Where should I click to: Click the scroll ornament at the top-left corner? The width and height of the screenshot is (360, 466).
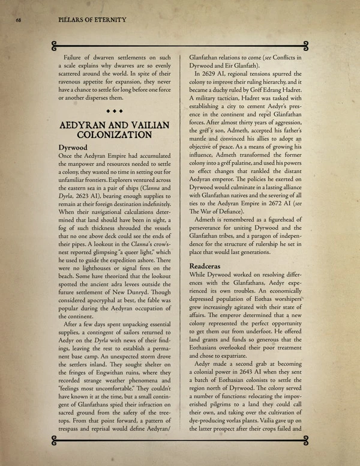tap(55, 44)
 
